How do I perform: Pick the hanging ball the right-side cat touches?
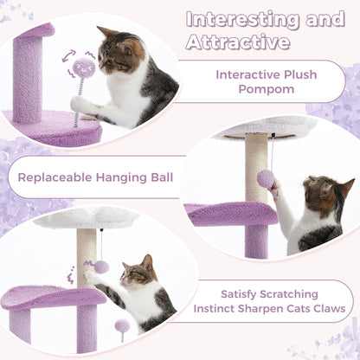tap(266, 179)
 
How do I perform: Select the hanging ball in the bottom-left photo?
tap(102, 267)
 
